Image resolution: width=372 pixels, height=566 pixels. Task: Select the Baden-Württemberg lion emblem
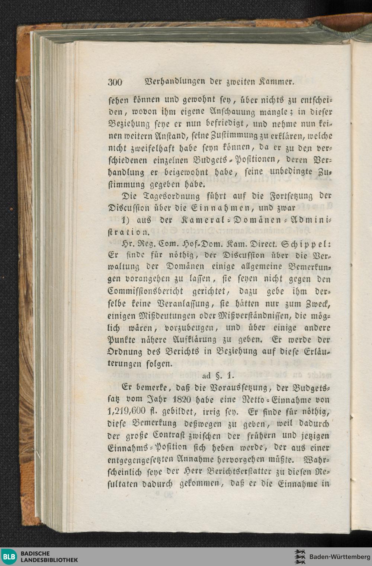tap(300, 557)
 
